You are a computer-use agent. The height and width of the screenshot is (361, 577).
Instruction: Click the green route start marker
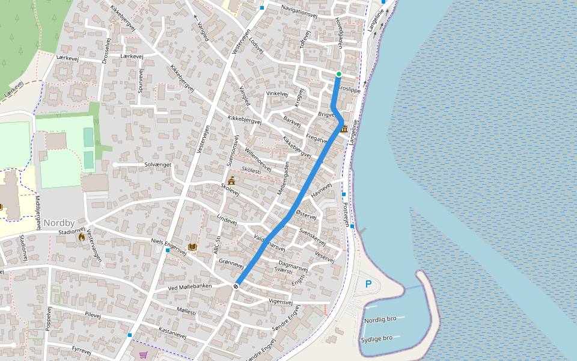coord(338,74)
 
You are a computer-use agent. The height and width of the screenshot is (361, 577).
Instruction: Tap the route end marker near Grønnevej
coord(236,286)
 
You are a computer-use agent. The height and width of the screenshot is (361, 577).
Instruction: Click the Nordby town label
coord(58,223)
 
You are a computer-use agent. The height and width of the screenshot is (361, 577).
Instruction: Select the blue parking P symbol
coord(368,284)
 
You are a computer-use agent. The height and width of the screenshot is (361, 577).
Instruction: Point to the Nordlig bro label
coord(380,320)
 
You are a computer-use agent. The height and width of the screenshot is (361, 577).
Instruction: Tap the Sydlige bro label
coord(377,339)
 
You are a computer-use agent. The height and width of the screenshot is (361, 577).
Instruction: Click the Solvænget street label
coord(158,164)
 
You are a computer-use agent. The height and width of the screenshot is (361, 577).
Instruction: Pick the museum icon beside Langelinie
coord(344,129)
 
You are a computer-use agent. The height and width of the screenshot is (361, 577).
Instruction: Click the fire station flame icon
coord(81,237)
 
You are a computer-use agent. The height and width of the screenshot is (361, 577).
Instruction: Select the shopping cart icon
coord(143,356)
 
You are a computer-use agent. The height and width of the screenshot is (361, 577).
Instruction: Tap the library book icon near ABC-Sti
coord(192,247)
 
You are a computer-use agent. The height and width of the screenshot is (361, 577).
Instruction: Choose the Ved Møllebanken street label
coord(190,287)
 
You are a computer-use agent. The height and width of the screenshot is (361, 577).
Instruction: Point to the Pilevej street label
coord(93,315)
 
